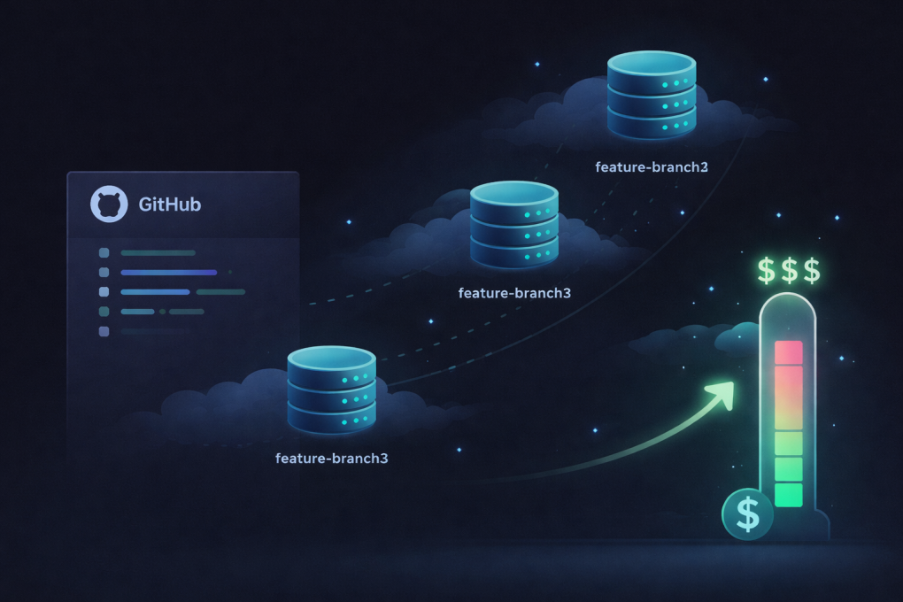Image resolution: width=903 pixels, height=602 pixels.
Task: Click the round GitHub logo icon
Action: point(110,205)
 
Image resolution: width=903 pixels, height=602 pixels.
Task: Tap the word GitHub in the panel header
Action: point(170,205)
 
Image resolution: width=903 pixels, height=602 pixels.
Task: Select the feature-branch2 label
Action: point(652,166)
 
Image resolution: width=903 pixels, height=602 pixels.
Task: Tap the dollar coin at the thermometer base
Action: point(747,513)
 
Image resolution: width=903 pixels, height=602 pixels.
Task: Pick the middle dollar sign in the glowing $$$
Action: point(788,269)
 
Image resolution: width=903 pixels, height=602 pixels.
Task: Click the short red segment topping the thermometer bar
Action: point(788,352)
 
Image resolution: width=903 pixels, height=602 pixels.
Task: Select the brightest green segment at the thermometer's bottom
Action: point(788,495)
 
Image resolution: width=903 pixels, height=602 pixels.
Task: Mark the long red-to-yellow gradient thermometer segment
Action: point(788,397)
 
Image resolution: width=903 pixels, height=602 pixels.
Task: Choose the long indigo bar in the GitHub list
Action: point(168,273)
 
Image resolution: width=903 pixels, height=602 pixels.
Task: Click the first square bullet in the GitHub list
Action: point(104,253)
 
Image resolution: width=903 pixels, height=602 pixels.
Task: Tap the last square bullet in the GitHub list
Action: point(104,331)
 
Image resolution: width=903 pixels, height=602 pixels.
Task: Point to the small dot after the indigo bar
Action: point(230,272)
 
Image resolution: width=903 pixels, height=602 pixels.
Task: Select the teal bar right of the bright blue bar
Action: point(220,291)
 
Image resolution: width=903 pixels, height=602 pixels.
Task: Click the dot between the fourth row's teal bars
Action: point(162,312)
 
